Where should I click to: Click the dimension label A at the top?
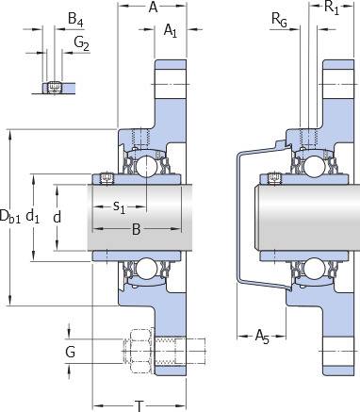point(153,7)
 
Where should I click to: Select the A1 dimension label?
point(171,31)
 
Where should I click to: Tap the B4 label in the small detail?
point(75,20)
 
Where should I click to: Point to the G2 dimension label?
point(81,43)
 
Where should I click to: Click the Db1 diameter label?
point(10,217)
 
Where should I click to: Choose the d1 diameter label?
point(32,217)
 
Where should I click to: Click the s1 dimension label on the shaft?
point(119,207)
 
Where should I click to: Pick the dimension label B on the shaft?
point(136,229)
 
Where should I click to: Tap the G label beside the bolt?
point(70,352)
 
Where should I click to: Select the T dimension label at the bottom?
point(139,405)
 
